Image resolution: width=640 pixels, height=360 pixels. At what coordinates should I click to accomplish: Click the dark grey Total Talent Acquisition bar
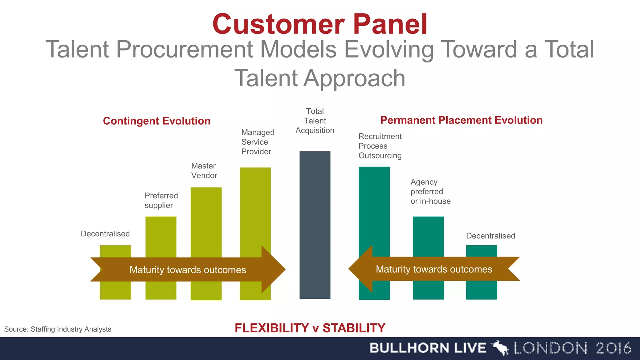315,219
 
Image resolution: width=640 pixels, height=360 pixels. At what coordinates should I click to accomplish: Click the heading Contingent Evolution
157,121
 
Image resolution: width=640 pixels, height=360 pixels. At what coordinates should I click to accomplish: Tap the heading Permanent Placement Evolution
461,120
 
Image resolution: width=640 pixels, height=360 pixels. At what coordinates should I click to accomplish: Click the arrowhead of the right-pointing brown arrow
273,269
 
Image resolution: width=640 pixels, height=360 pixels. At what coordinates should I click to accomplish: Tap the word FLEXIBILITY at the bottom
272,328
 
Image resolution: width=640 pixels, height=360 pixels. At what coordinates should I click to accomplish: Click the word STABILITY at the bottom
354,328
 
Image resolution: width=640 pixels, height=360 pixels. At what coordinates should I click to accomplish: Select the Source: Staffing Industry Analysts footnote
58,329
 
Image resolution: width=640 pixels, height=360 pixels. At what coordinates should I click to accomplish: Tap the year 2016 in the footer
613,348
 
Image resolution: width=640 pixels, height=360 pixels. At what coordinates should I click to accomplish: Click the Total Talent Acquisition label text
315,121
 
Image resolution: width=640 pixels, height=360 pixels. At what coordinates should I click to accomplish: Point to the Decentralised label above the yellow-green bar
105,234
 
